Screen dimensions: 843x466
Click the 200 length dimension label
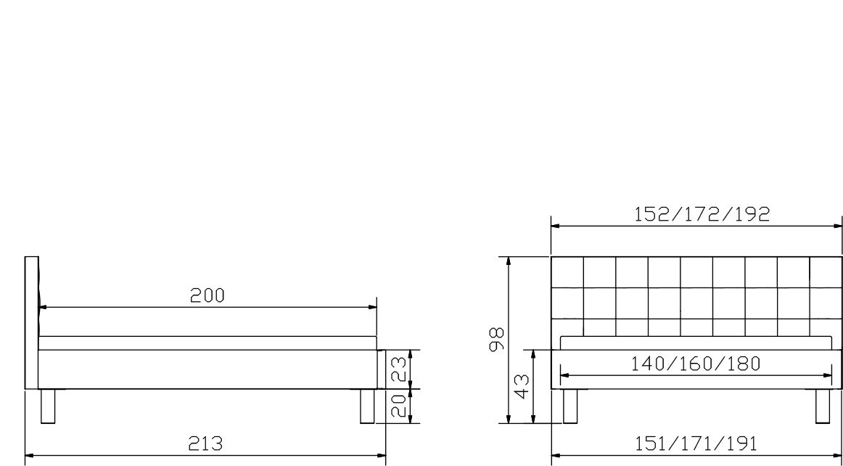pos(207,295)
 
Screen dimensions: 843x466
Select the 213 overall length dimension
pos(205,443)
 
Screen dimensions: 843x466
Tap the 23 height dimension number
pos(398,369)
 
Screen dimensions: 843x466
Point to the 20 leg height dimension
pos(398,405)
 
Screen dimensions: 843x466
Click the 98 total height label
pos(496,339)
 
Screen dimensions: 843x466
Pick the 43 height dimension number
pos(522,386)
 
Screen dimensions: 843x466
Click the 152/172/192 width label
pos(702,214)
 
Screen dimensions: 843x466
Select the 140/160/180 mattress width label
pos(696,364)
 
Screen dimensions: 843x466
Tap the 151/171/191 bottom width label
pos(696,443)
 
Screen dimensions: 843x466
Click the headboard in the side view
pos(32,323)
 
